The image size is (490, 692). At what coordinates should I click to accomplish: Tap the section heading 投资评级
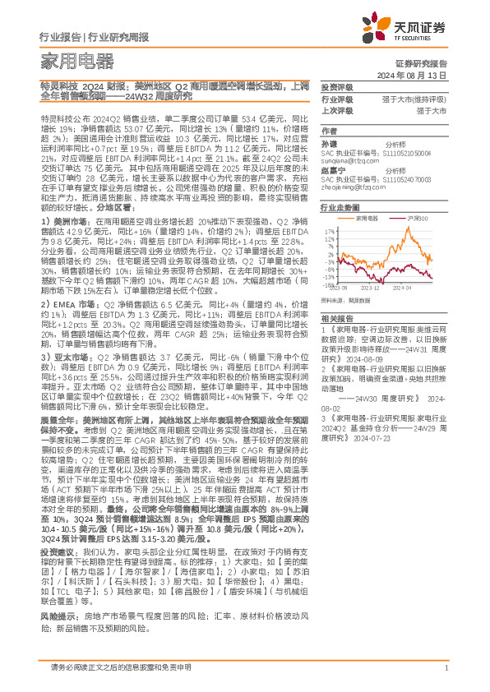pyautogui.click(x=337, y=87)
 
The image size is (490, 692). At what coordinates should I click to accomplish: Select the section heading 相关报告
pyautogui.click(x=337, y=316)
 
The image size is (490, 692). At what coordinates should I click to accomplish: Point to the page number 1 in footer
pyautogui.click(x=445, y=667)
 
